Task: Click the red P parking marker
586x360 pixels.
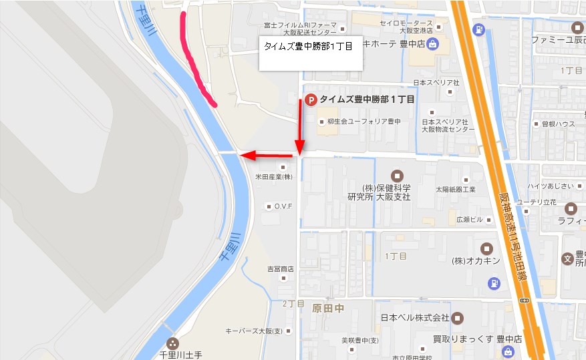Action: (x=310, y=100)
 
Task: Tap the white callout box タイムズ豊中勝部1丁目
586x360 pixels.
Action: (x=311, y=53)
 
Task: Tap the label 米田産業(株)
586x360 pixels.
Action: (x=274, y=177)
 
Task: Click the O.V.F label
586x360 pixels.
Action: (x=283, y=206)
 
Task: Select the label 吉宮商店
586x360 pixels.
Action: (x=280, y=269)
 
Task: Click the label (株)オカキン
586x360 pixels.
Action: (x=475, y=260)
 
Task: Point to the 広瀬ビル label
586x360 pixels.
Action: (x=469, y=219)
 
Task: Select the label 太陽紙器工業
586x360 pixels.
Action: (x=455, y=189)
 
